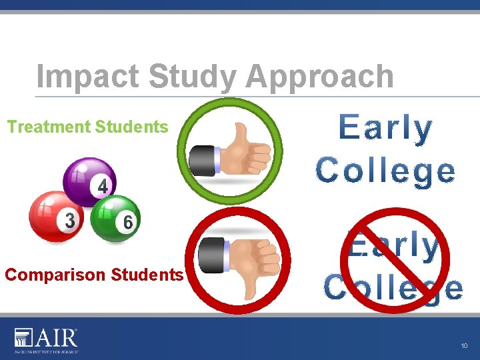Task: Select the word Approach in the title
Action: click(x=319, y=77)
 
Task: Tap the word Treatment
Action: click(x=49, y=127)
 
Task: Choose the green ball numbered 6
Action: click(x=113, y=217)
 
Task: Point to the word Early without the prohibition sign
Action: click(x=386, y=129)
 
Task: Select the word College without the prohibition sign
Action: click(x=386, y=170)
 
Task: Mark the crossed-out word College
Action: click(x=393, y=288)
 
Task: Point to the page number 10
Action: click(x=464, y=345)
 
